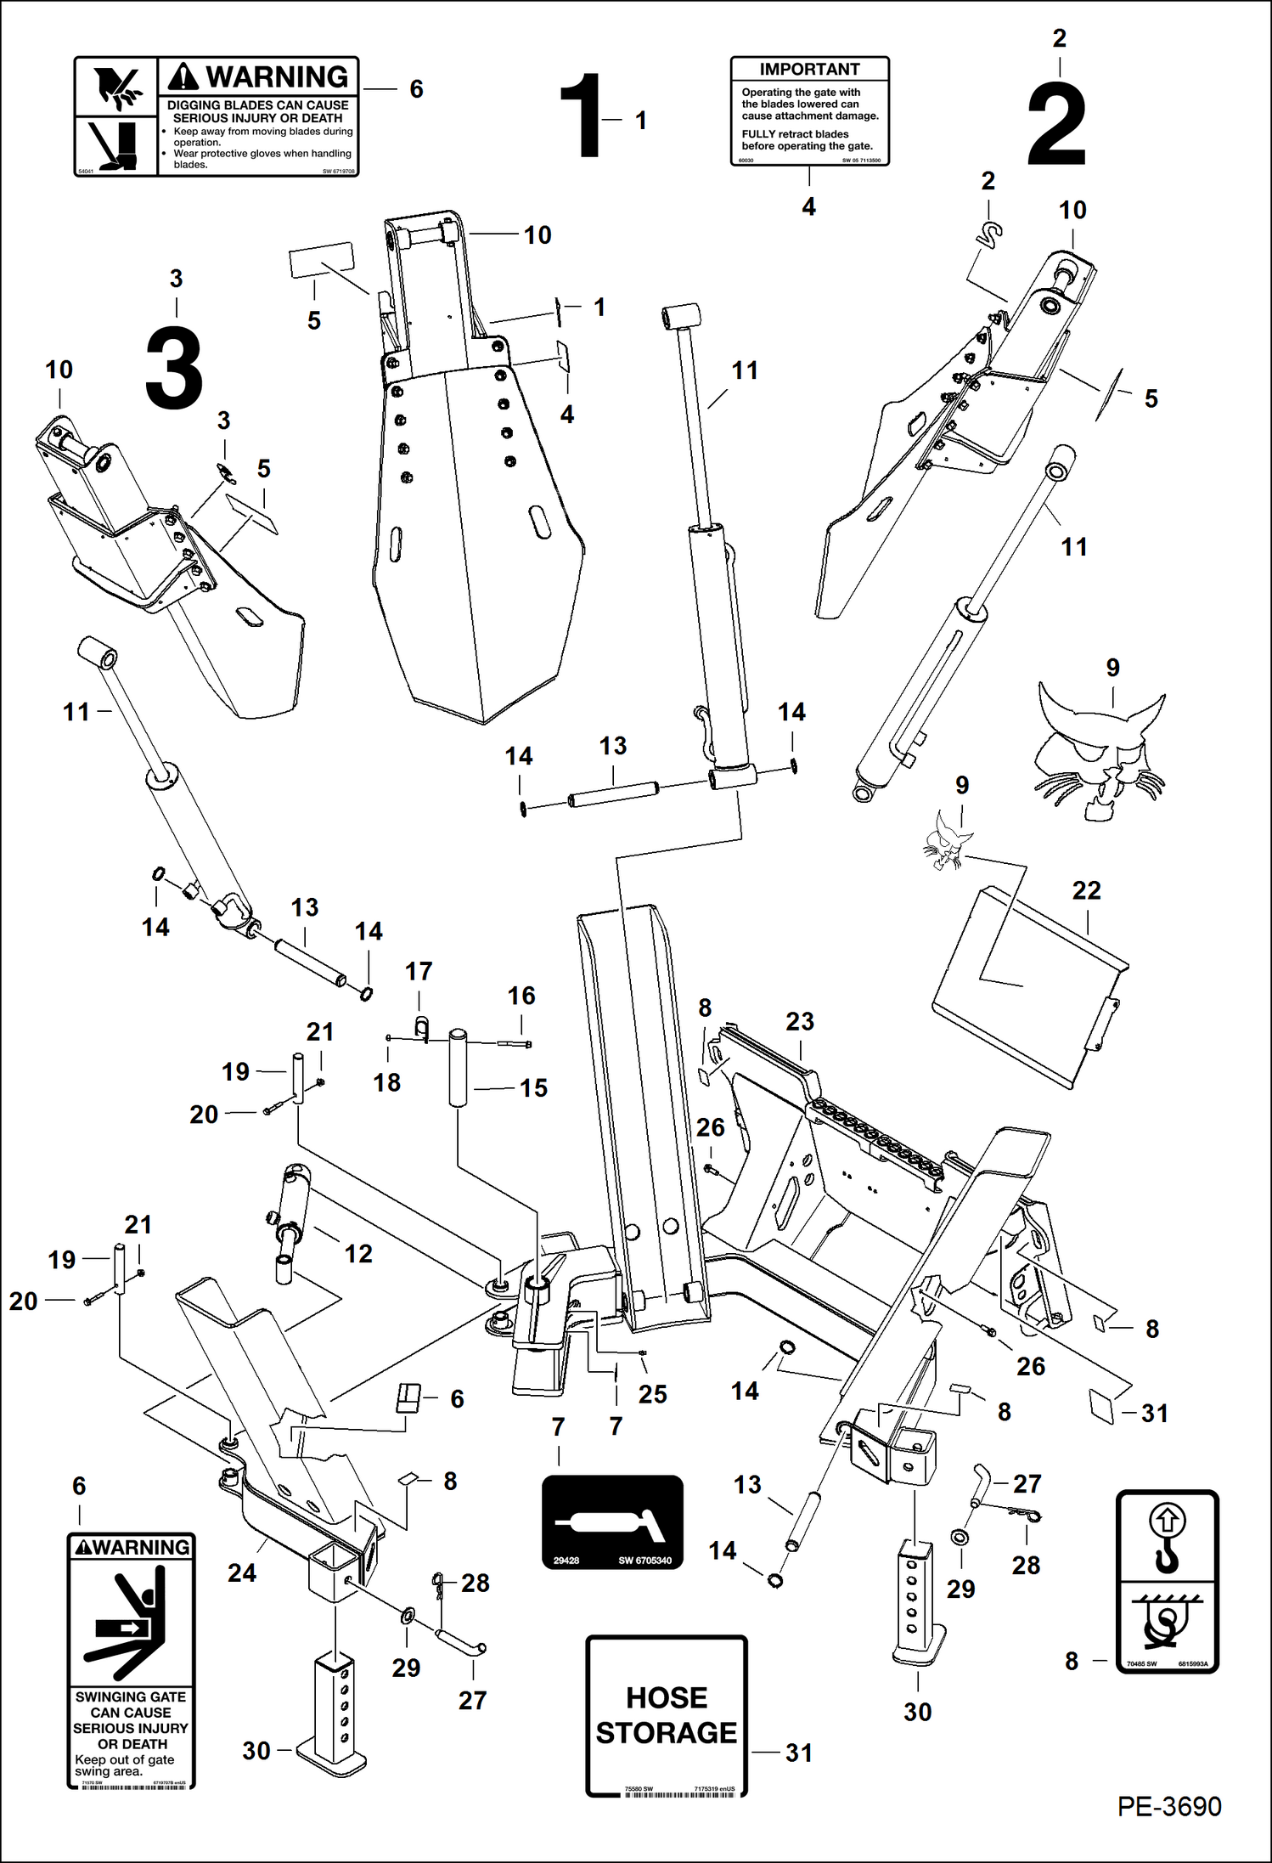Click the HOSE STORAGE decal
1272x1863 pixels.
666,1714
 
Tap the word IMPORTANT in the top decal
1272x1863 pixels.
809,70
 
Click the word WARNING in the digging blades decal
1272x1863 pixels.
276,77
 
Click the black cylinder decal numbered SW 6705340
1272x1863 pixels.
612,1521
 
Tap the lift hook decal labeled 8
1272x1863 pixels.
1167,1582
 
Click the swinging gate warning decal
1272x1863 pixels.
131,1660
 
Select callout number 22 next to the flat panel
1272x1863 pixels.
1086,891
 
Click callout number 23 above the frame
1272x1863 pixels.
799,1022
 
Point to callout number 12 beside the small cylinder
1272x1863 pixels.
357,1254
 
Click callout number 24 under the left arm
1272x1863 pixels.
241,1573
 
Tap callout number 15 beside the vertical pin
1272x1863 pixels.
533,1088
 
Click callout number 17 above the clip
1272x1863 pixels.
419,971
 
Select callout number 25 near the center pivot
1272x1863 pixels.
652,1395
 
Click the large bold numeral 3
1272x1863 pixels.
174,367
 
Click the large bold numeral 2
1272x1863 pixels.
1056,125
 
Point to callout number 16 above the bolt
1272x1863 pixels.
521,996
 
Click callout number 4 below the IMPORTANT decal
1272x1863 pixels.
808,206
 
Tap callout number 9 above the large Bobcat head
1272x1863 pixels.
1112,668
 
